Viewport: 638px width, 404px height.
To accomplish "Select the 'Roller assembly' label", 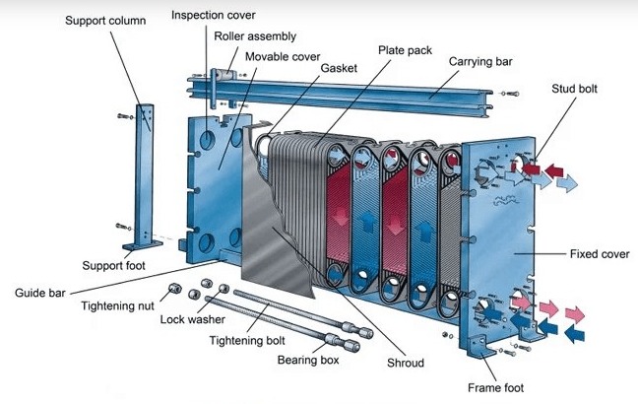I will tap(255, 36).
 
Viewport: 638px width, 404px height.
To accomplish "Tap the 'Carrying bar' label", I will tap(481, 62).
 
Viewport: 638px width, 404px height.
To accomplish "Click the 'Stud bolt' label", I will tap(574, 90).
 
